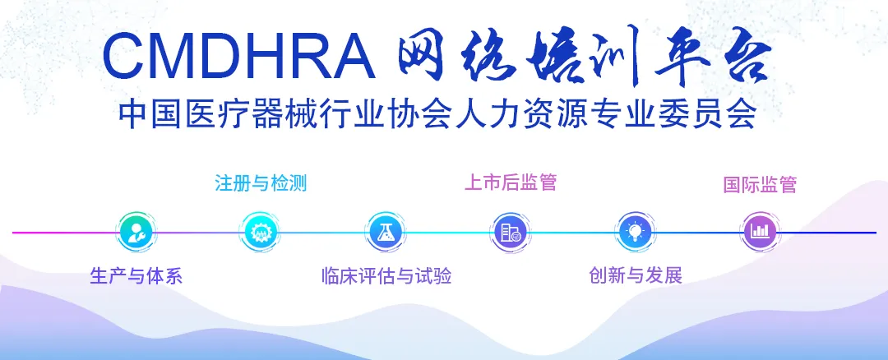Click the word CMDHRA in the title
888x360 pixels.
tap(238, 55)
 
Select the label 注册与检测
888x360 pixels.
tap(261, 183)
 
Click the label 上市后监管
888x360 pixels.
tap(511, 182)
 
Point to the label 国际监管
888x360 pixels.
tap(760, 185)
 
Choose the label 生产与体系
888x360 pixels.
tap(136, 276)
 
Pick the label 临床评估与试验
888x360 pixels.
tap(386, 276)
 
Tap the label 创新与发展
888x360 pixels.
tap(636, 275)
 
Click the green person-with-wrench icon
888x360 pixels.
tap(136, 232)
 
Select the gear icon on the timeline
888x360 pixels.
tap(260, 232)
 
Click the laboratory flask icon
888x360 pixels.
tap(385, 232)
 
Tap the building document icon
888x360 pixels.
tap(510, 232)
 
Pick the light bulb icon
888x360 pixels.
tap(634, 232)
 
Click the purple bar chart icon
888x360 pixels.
tap(759, 231)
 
